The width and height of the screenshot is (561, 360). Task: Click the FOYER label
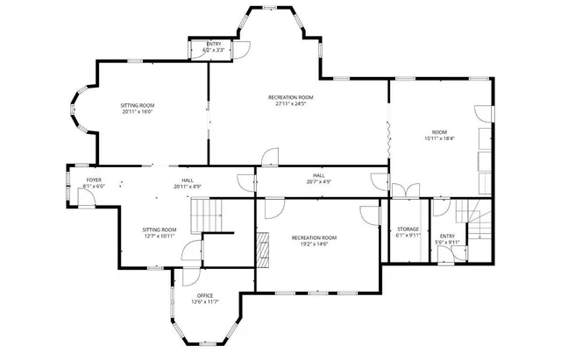click(x=93, y=182)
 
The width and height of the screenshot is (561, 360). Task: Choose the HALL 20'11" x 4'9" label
click(x=188, y=182)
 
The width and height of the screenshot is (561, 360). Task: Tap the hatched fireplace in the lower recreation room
click(x=261, y=251)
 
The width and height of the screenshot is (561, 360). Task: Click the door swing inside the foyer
click(x=86, y=197)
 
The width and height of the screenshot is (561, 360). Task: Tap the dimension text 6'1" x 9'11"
click(x=408, y=236)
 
